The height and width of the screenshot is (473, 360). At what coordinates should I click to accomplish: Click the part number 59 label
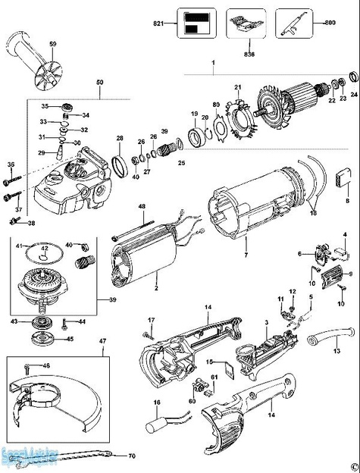click(x=53, y=47)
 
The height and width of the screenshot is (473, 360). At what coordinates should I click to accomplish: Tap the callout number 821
click(x=159, y=26)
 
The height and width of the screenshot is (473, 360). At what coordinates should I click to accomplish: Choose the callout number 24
click(x=354, y=95)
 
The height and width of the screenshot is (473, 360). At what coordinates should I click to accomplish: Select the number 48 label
click(x=141, y=207)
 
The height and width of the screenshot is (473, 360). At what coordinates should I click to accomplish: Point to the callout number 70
click(x=132, y=456)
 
